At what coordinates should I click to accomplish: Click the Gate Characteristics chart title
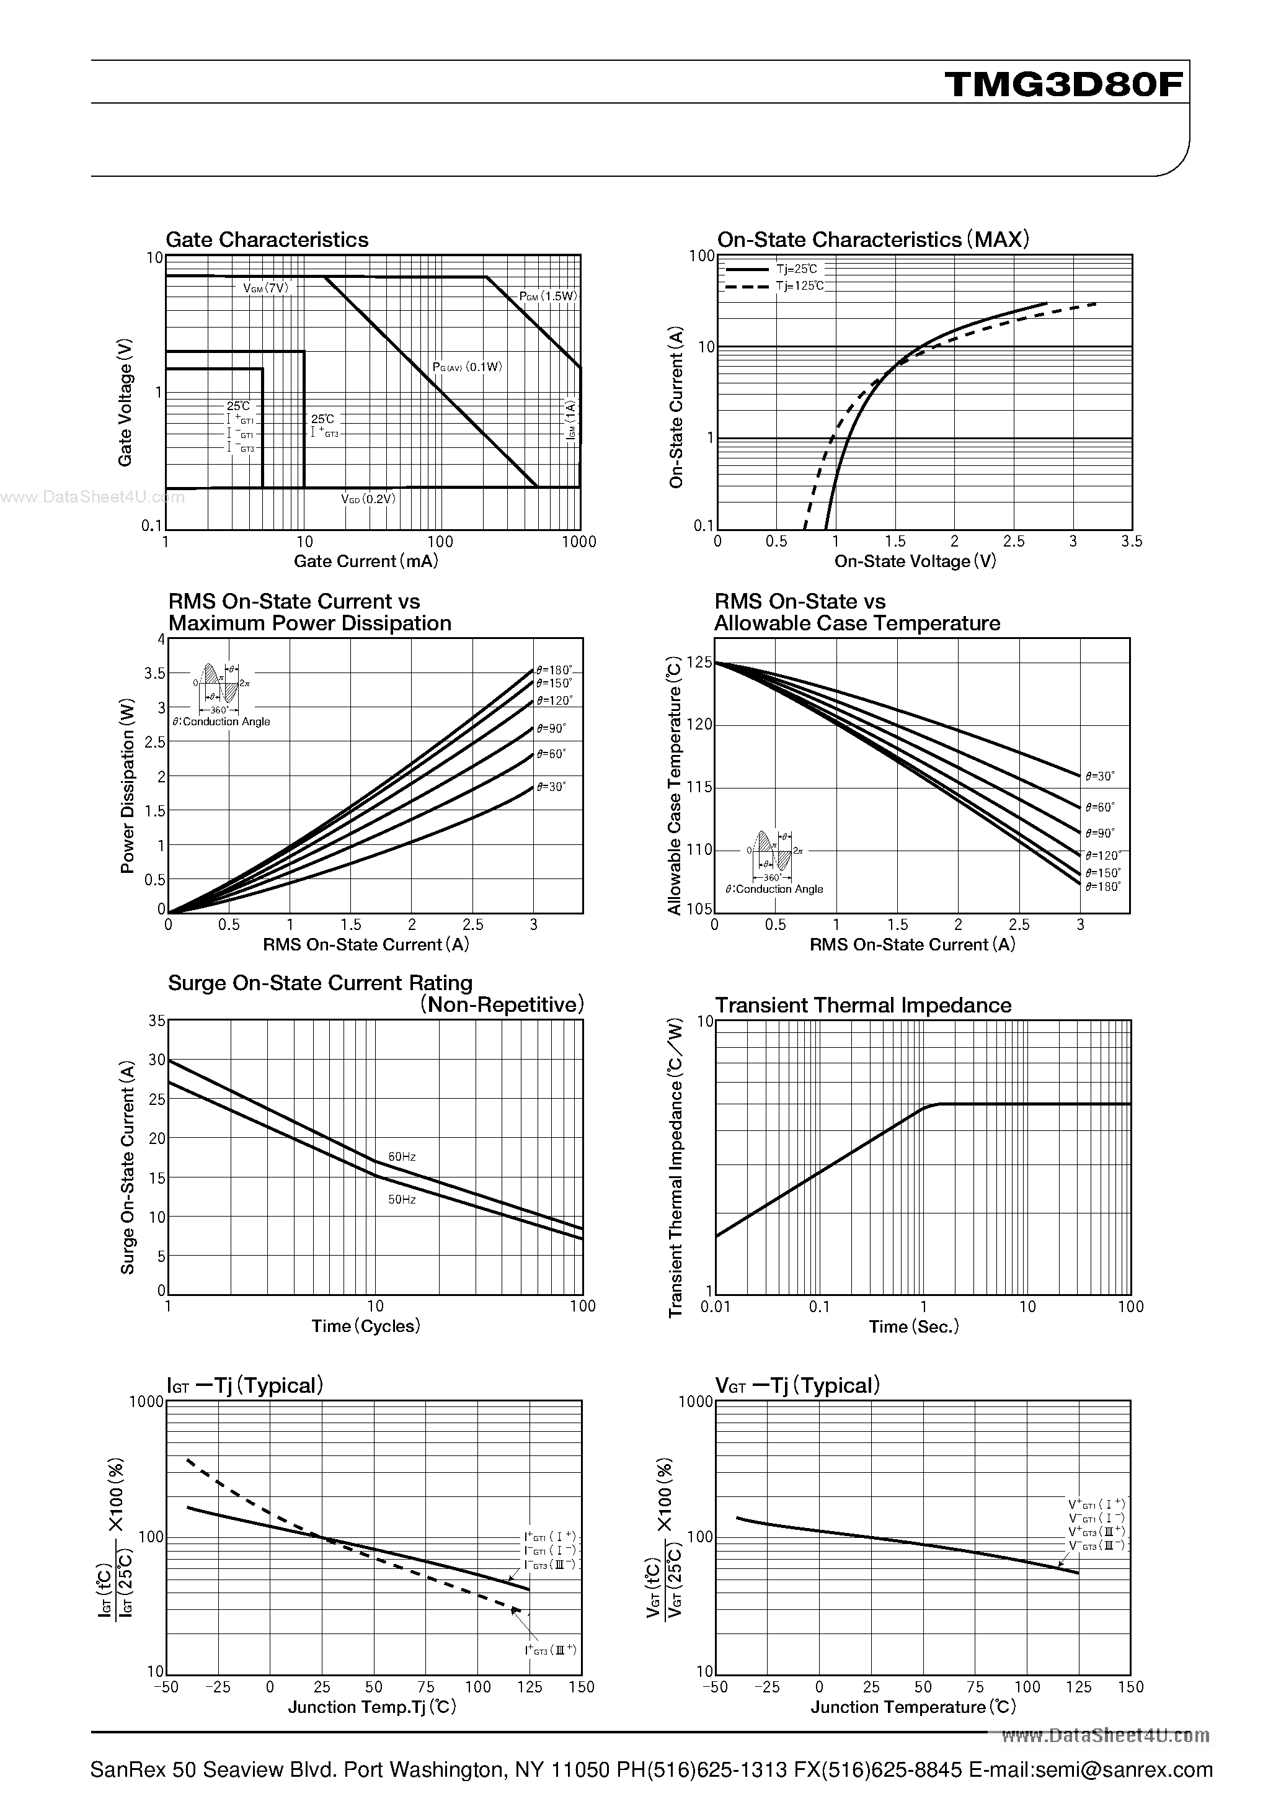(x=267, y=240)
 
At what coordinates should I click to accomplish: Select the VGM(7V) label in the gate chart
(x=266, y=288)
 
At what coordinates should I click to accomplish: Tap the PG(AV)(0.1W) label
(x=467, y=367)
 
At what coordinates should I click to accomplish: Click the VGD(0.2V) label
(x=368, y=499)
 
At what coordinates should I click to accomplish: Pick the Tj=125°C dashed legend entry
(x=799, y=286)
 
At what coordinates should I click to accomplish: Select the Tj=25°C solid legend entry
(x=796, y=269)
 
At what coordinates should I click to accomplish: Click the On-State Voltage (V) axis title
(x=915, y=561)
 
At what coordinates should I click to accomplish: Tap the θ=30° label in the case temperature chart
(x=1100, y=777)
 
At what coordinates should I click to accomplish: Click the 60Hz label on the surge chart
(x=402, y=1156)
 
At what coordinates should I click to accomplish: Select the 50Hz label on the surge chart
(x=402, y=1199)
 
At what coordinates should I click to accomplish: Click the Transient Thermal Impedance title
(x=862, y=1005)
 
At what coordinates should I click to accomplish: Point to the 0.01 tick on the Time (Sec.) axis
(x=716, y=1307)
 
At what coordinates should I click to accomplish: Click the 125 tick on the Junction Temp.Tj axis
(x=529, y=1687)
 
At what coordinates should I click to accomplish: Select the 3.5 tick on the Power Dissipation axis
(x=155, y=673)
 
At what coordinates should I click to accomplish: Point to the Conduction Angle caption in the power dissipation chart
(x=221, y=722)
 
